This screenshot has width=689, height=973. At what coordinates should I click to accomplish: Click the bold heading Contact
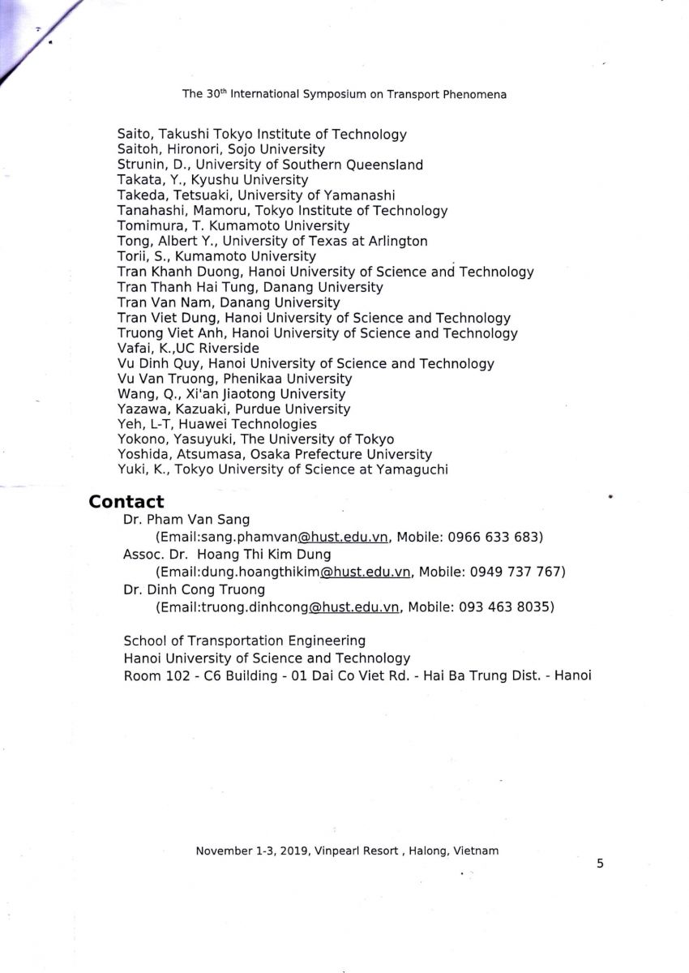pos(126,502)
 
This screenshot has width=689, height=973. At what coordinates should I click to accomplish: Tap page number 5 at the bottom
pos(600,864)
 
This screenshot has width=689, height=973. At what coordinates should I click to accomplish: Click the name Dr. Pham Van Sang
pos(186,520)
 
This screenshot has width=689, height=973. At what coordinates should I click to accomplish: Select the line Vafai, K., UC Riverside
pos(188,349)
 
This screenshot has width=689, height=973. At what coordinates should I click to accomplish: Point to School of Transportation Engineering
pos(244,641)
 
